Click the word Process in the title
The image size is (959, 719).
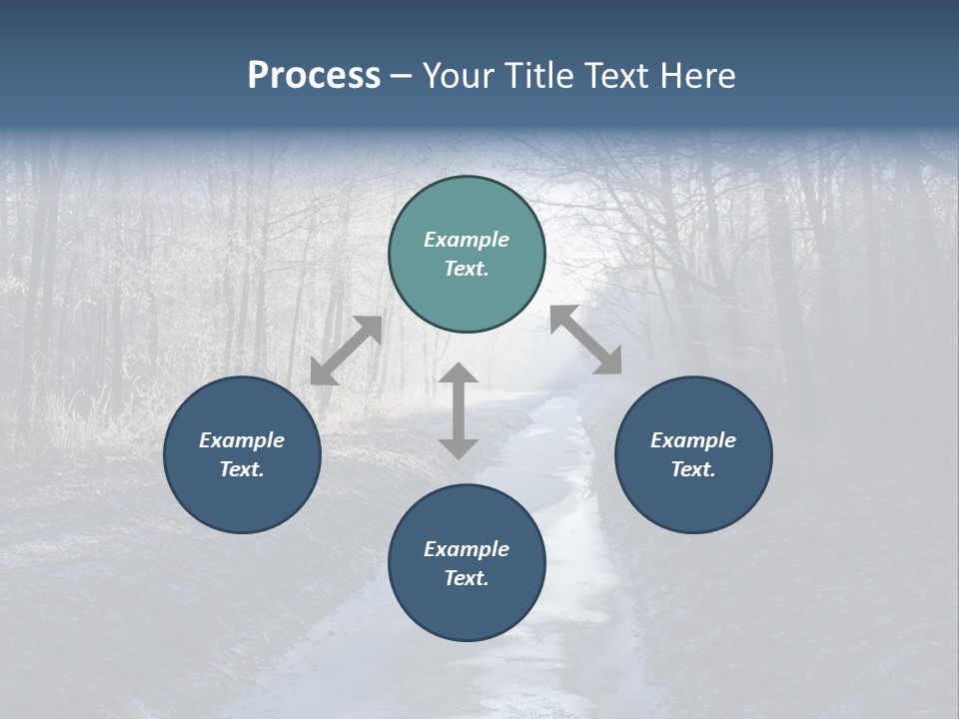(314, 76)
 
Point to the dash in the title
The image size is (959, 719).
(402, 77)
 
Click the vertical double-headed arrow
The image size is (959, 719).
(459, 411)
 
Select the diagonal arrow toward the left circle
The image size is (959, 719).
(346, 351)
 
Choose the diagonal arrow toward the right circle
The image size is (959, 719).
(586, 340)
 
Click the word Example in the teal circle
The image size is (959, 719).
(467, 240)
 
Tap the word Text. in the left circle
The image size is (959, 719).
(242, 469)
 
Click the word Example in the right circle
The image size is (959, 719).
(693, 440)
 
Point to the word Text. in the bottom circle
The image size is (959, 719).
(467, 578)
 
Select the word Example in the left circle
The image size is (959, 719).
(242, 440)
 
